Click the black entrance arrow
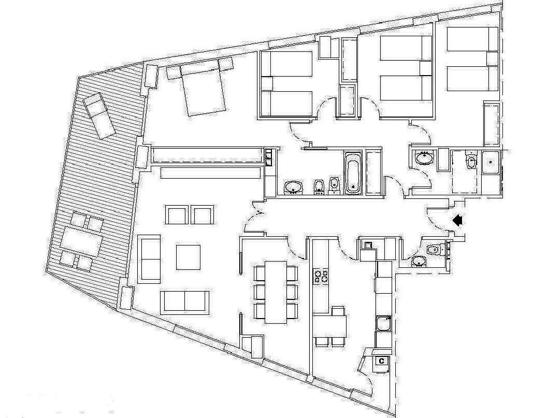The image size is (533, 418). [x=458, y=220]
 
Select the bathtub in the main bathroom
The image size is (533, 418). [x=353, y=173]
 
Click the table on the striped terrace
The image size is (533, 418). [x=82, y=241]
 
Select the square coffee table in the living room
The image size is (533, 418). [x=188, y=257]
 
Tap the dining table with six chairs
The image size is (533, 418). [x=276, y=292]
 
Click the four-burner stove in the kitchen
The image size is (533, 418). [x=321, y=276]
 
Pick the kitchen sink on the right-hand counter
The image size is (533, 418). [x=383, y=324]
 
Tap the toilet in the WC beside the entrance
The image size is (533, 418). [x=436, y=250]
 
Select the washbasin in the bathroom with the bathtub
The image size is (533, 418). [x=293, y=188]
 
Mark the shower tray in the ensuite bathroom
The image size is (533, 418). [x=491, y=163]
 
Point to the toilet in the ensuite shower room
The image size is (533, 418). [x=471, y=161]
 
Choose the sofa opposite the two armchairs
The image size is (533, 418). [x=184, y=301]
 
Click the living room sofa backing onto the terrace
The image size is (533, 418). [x=149, y=259]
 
